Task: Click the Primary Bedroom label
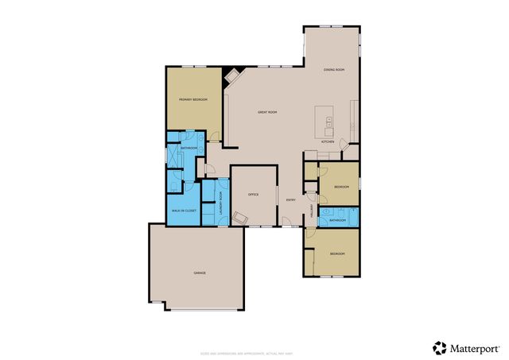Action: pos(192,99)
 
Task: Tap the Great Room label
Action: pos(267,112)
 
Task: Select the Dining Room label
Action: pos(334,70)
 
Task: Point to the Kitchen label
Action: pos(327,141)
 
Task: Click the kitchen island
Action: pos(324,121)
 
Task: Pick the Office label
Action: pos(254,194)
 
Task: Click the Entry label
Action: pos(291,199)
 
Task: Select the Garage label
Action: pos(200,273)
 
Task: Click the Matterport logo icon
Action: pos(440,347)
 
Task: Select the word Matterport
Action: pos(476,347)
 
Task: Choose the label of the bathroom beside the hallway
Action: pos(338,219)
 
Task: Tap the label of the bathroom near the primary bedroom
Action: pos(189,149)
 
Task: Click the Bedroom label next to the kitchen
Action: pos(341,186)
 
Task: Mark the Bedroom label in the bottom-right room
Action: pos(338,254)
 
